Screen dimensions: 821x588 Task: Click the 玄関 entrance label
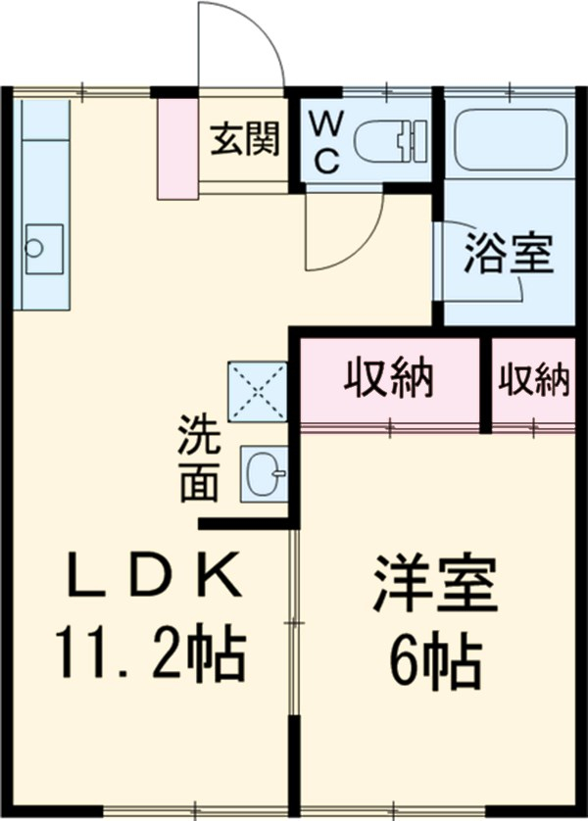coord(244,139)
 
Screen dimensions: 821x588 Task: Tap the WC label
coord(325,141)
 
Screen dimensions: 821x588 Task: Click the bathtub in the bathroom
coord(510,138)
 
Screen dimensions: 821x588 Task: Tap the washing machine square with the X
coord(258,391)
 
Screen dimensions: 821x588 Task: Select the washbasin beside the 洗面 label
coord(265,475)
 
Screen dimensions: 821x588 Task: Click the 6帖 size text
coord(436,662)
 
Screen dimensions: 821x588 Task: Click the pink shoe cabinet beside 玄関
coord(177,147)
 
